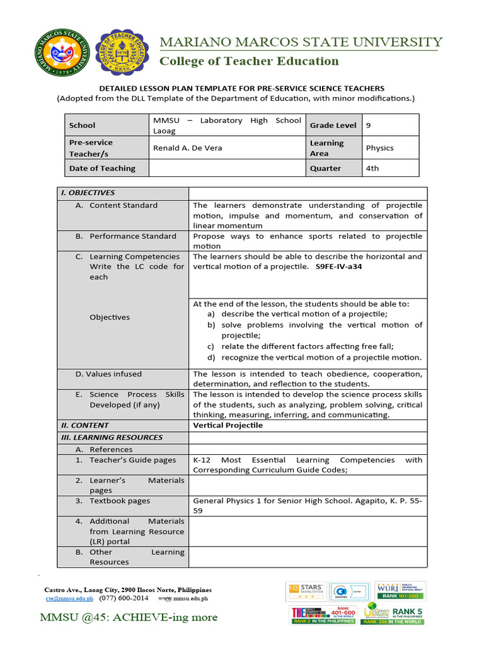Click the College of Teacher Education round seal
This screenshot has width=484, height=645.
pos(123,52)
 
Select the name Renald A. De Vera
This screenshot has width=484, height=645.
pos(188,148)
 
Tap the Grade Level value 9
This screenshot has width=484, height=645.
pos(369,125)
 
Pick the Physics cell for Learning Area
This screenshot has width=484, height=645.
pos(379,148)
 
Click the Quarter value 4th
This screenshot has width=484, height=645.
pos(372,168)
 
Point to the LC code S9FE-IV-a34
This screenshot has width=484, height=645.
pos(338,266)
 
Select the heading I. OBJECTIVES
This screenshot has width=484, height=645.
pos(88,193)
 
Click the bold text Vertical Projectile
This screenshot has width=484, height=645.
pos(228,425)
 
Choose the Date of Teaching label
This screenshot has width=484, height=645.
pos(102,168)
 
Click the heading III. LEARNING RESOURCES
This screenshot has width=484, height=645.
pos(112,437)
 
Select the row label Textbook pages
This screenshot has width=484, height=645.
pos(120,501)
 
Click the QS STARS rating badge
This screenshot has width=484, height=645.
pos(305,590)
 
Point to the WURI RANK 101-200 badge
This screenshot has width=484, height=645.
pos(400,590)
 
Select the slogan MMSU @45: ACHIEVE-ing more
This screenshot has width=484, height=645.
pos(129,617)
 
